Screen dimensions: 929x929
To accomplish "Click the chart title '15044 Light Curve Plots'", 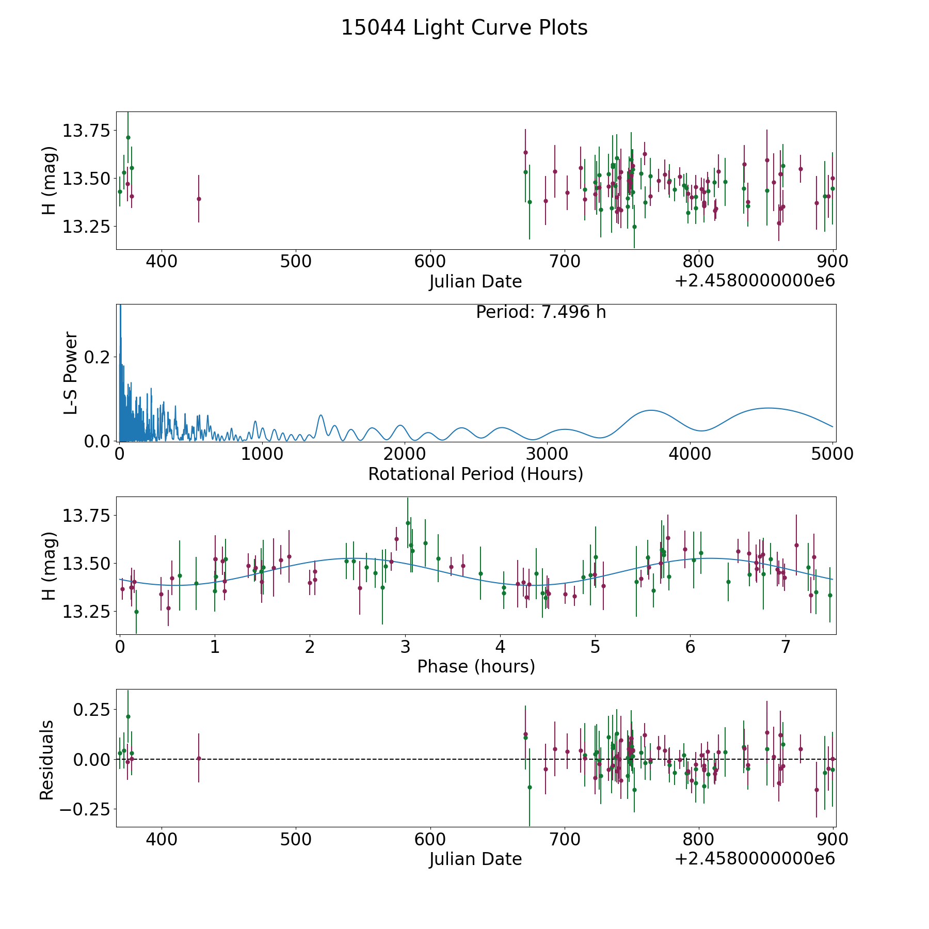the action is (x=464, y=28).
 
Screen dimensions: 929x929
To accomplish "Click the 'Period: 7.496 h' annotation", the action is (x=541, y=312).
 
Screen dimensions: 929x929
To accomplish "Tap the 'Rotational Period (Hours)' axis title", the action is (x=475, y=474).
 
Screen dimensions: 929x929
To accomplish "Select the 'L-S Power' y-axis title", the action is (x=71, y=373).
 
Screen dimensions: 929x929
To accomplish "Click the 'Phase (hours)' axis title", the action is (x=476, y=666).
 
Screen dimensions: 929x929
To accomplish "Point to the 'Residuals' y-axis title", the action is (x=47, y=760).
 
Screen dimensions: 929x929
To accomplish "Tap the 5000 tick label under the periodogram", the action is (x=832, y=454).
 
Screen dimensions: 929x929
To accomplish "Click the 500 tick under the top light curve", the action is (x=296, y=262).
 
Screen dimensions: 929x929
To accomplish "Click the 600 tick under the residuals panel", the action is (x=430, y=839).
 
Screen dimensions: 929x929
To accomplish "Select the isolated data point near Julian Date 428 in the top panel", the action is (x=199, y=199).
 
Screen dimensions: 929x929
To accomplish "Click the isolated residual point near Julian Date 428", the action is (x=199, y=758).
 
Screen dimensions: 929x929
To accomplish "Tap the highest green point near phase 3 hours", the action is (x=408, y=523).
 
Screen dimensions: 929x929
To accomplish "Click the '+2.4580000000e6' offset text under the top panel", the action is (x=755, y=281).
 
